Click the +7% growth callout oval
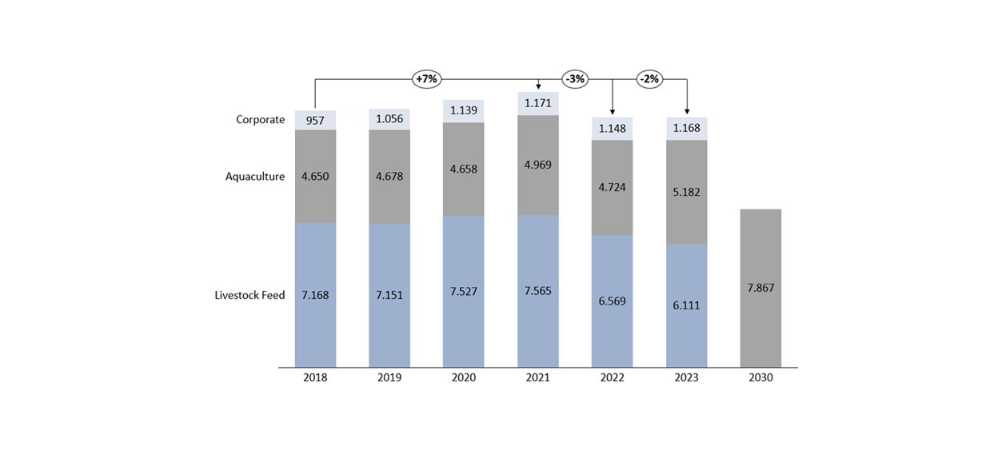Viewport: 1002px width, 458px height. point(426,79)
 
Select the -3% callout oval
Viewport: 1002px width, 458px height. point(575,79)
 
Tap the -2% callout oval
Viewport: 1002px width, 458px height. point(649,79)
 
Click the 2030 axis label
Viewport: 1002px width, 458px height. point(760,378)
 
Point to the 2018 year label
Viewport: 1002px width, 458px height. point(315,378)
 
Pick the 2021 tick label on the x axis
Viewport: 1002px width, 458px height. point(537,378)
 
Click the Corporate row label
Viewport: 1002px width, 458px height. point(260,120)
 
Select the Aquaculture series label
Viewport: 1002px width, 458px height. point(254,177)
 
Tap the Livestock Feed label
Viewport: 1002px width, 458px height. point(250,295)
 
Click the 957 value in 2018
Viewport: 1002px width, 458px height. point(315,121)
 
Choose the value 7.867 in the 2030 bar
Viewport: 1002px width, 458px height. point(760,288)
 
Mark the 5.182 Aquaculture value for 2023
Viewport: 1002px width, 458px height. point(686,192)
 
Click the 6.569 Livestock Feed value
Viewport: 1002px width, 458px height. point(612,301)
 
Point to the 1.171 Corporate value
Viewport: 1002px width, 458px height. point(537,103)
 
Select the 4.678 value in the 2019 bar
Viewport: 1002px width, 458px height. point(389,177)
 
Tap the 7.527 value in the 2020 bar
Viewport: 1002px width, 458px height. point(463,291)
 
